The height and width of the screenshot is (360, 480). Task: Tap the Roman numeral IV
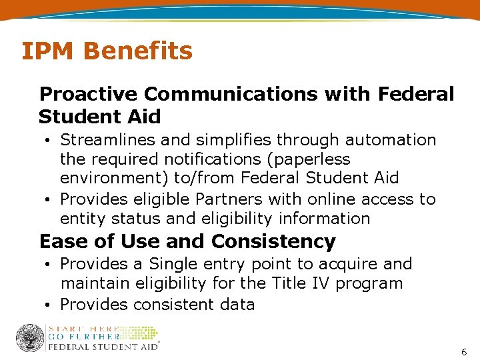coord(319,283)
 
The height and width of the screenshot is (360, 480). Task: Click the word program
coord(369,284)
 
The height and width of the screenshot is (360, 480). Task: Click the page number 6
coord(464,351)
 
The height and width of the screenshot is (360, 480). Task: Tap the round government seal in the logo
coord(29,338)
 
